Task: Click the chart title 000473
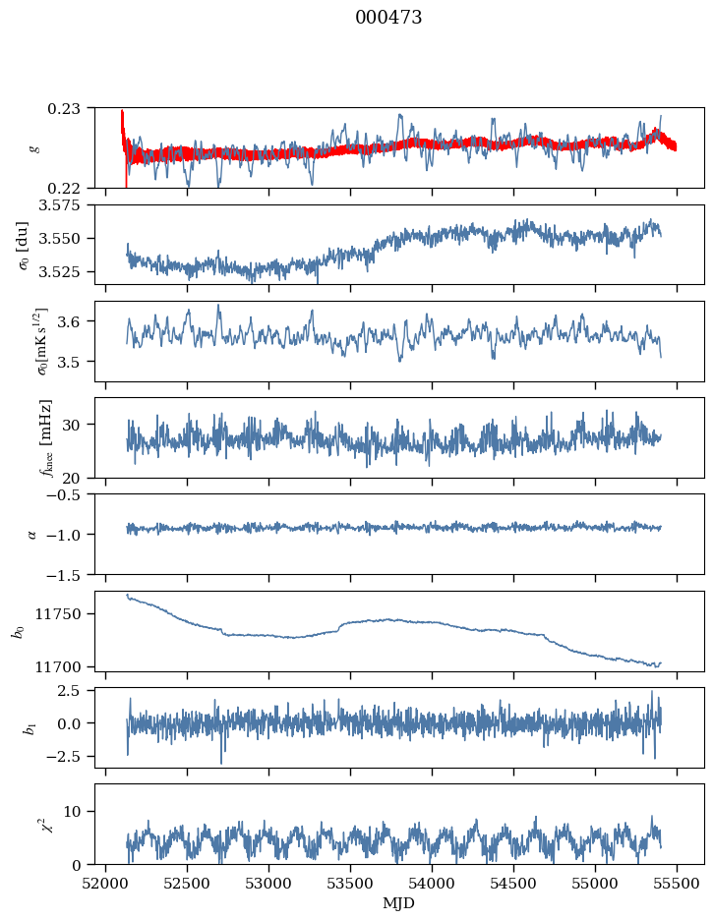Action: tap(388, 18)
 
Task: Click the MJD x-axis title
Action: tap(398, 902)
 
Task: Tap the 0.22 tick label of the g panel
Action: tap(71, 188)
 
